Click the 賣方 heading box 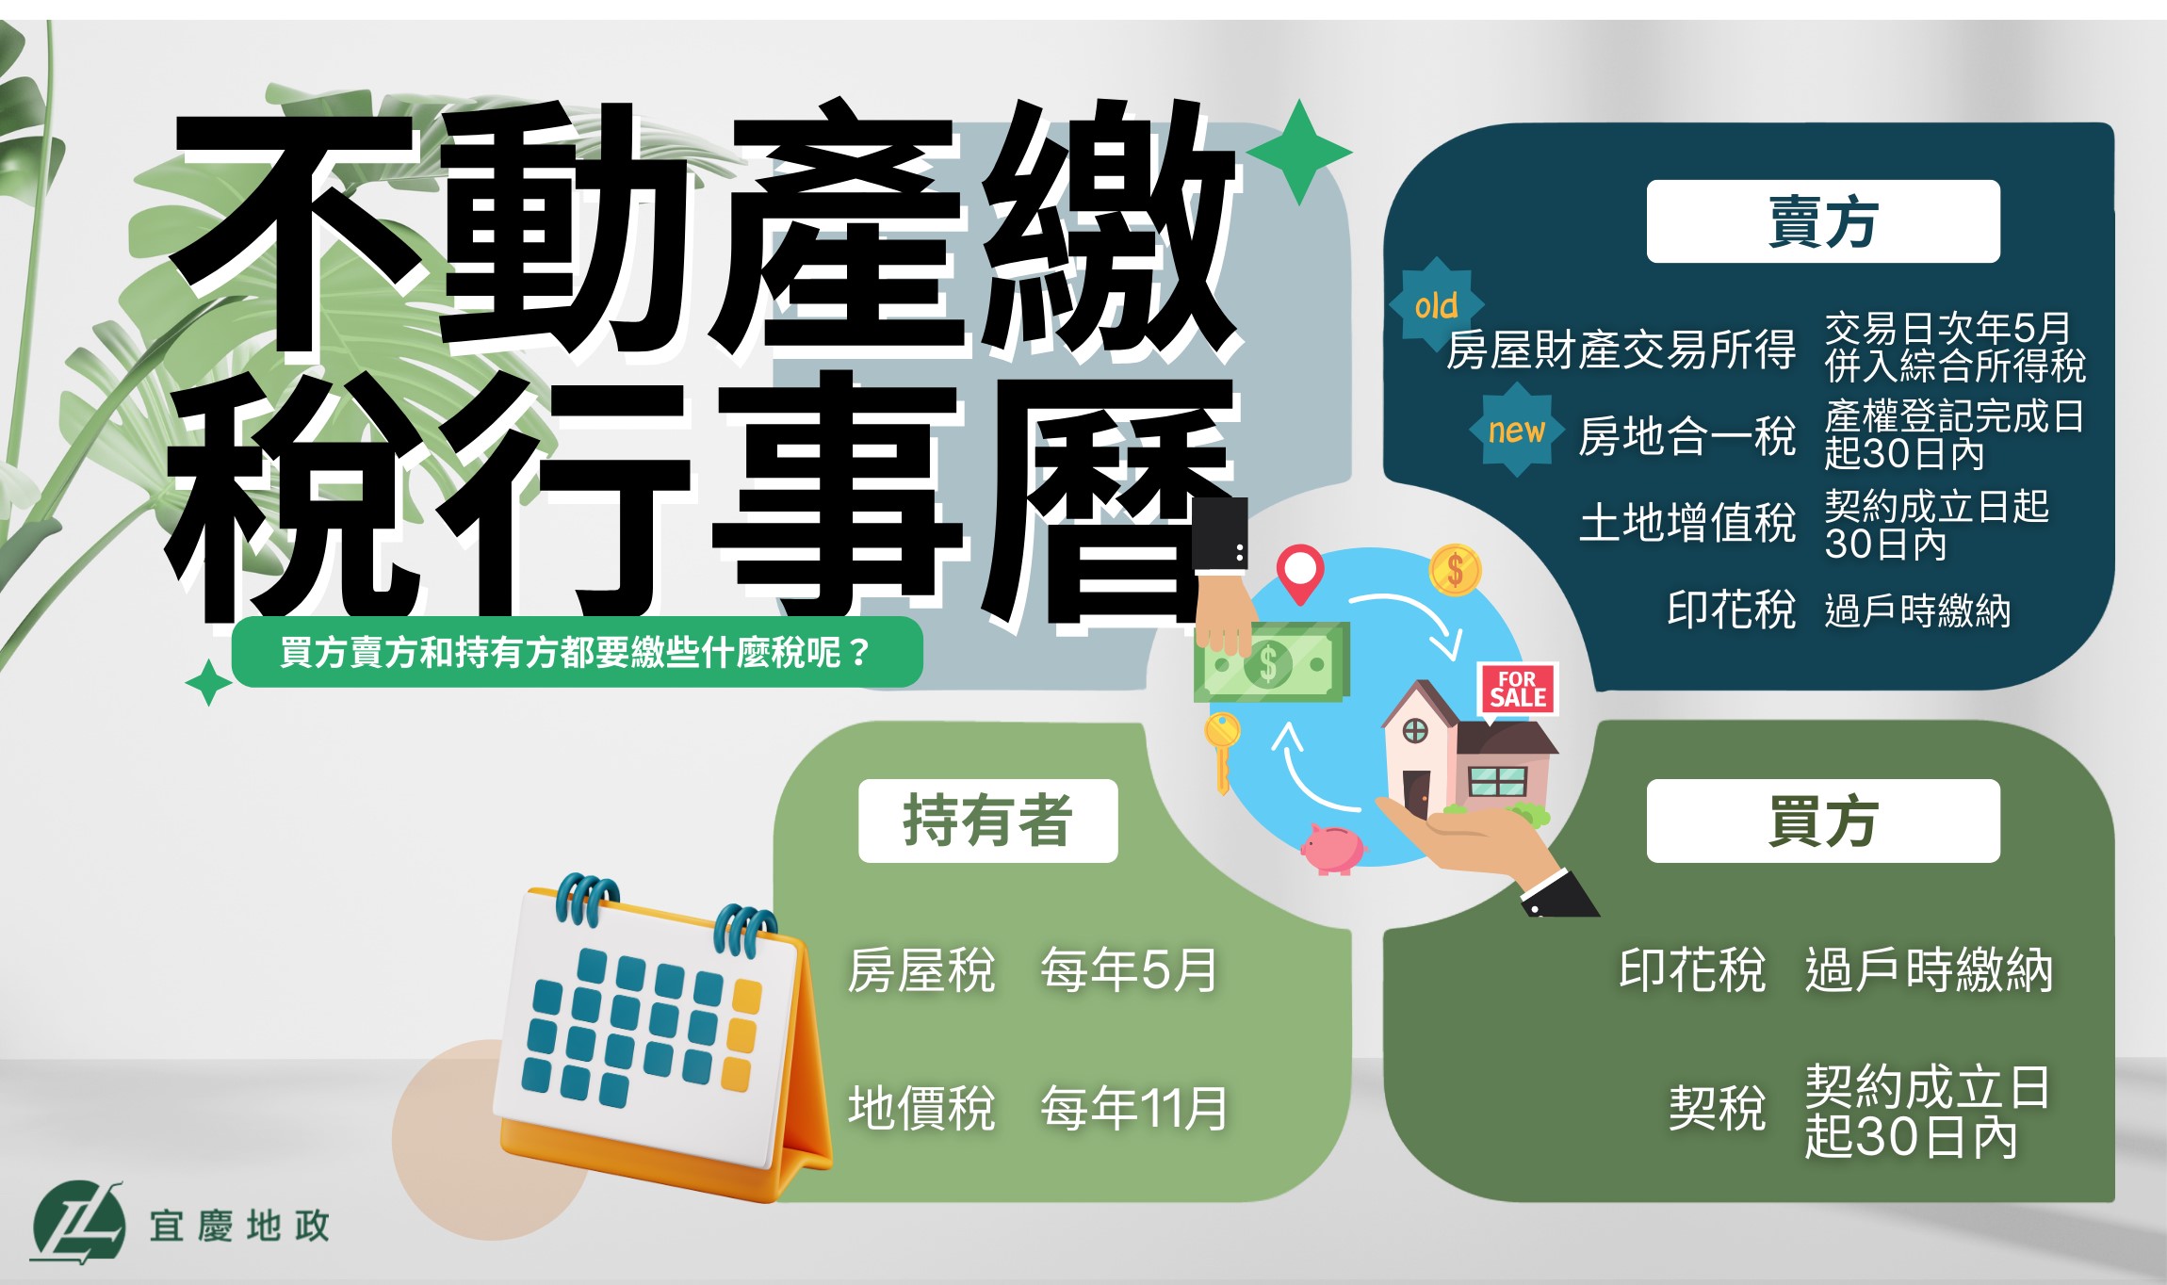tap(1823, 221)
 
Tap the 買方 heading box tap(1823, 821)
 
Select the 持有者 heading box tap(987, 821)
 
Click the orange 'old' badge tap(1436, 304)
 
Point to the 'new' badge tap(1517, 431)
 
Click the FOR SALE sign tap(1518, 690)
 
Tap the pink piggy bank tap(1331, 848)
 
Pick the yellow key tap(1222, 752)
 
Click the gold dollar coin tap(1455, 570)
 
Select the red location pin tap(1300, 573)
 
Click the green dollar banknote tap(1272, 663)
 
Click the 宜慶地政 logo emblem tap(78, 1221)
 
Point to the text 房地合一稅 tap(1687, 436)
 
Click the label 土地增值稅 tap(1687, 523)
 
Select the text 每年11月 tap(1134, 1108)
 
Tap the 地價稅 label tap(921, 1108)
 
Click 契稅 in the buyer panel tap(1717, 1108)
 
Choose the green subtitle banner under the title tap(577, 652)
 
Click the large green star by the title tap(1299, 152)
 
